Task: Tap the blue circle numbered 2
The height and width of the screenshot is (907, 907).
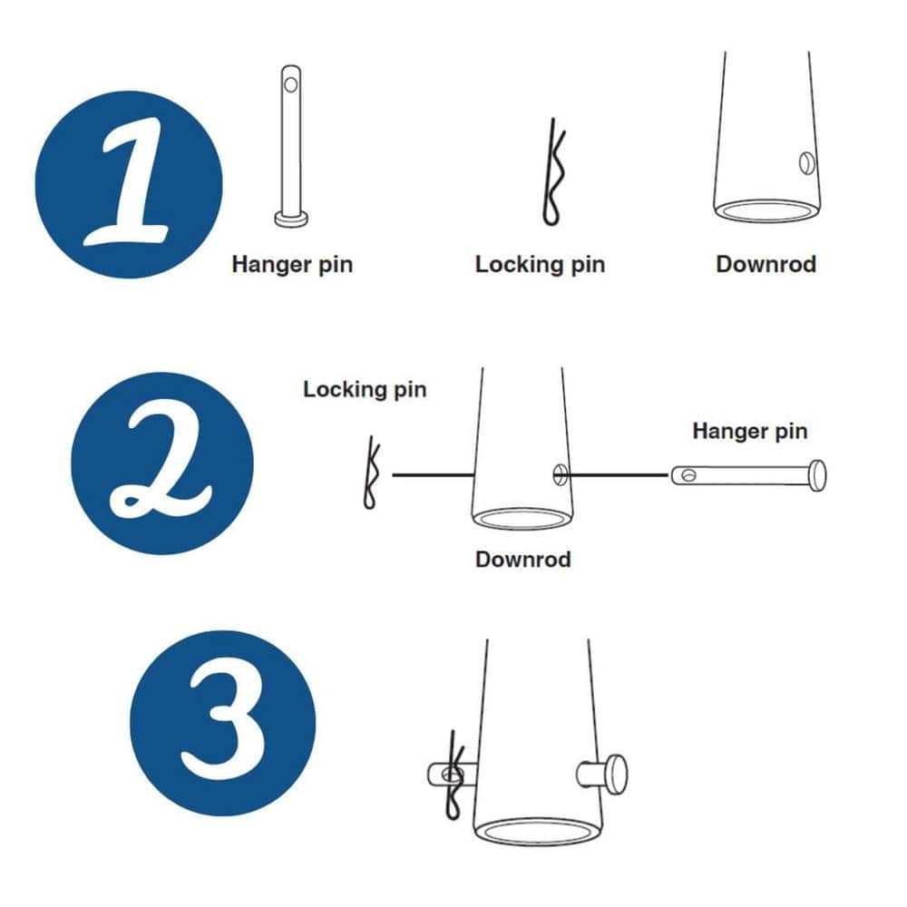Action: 161,463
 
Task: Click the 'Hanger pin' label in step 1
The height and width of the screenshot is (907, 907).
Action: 292,265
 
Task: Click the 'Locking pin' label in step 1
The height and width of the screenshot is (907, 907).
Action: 540,265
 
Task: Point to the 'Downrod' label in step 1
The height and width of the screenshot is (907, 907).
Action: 766,265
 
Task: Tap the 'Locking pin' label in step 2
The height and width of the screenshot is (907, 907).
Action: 365,390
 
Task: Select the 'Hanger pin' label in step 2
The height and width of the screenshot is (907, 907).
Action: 749,431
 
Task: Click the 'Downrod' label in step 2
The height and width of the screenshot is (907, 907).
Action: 523,560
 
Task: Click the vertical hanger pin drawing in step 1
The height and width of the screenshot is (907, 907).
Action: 290,145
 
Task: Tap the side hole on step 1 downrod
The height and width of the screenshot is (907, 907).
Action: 805,163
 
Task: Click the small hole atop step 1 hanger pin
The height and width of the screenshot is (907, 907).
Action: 290,84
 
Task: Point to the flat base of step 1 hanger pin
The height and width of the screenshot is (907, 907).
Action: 290,219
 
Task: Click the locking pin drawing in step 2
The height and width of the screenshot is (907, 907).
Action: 371,473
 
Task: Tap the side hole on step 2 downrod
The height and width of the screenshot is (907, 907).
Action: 560,473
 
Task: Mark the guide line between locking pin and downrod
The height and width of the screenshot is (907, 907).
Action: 433,473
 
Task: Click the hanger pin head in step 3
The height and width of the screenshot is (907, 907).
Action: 617,774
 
